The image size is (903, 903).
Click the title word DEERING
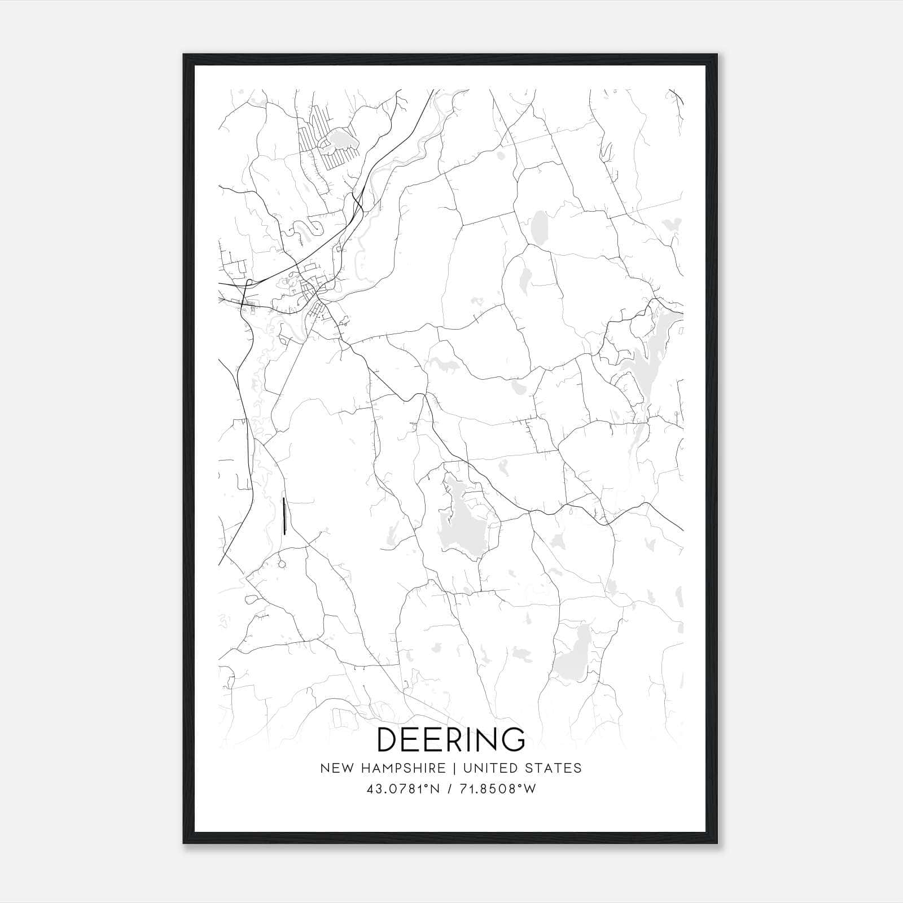pos(450,739)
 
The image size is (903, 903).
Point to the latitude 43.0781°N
pos(403,789)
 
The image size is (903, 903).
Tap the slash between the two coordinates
pos(450,789)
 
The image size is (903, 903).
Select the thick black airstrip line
pos(284,516)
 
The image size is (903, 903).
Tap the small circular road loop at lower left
pos(282,563)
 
